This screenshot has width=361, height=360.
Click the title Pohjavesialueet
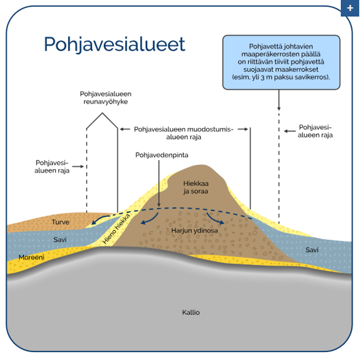[x=114, y=44]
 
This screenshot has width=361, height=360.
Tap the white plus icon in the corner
[x=350, y=8]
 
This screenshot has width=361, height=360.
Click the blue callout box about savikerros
[x=281, y=62]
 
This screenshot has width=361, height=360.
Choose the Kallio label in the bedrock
[x=191, y=312]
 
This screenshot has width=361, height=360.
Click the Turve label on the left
[x=61, y=222]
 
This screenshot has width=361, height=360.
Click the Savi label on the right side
[x=312, y=249]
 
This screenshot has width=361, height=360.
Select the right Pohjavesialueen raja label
[x=315, y=131]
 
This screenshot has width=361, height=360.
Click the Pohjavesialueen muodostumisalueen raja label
[x=183, y=133]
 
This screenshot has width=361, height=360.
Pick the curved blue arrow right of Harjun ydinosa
[x=216, y=218]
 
